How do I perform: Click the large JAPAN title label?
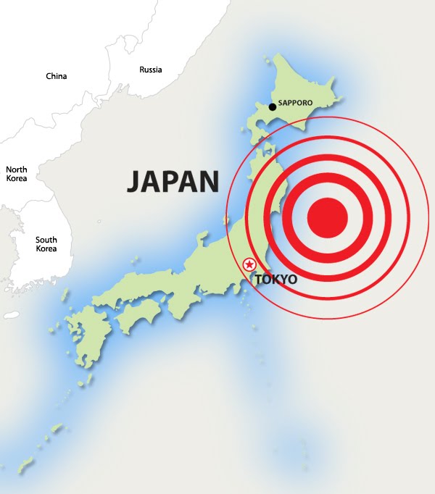point(173,181)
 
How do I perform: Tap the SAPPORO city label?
point(296,103)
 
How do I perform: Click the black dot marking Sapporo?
point(272,107)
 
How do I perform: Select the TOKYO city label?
point(276,279)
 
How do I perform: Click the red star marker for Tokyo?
point(250,265)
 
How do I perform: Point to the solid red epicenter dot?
point(328,217)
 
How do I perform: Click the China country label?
point(56,76)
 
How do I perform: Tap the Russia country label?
point(151,70)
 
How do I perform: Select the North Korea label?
point(17,174)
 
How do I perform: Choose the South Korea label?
point(46,244)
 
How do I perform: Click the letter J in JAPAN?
point(134,182)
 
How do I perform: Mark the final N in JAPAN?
point(209,181)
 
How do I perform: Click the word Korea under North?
point(17,178)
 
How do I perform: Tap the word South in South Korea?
point(46,240)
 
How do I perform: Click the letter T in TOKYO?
point(257,279)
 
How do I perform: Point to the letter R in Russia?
point(142,70)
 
